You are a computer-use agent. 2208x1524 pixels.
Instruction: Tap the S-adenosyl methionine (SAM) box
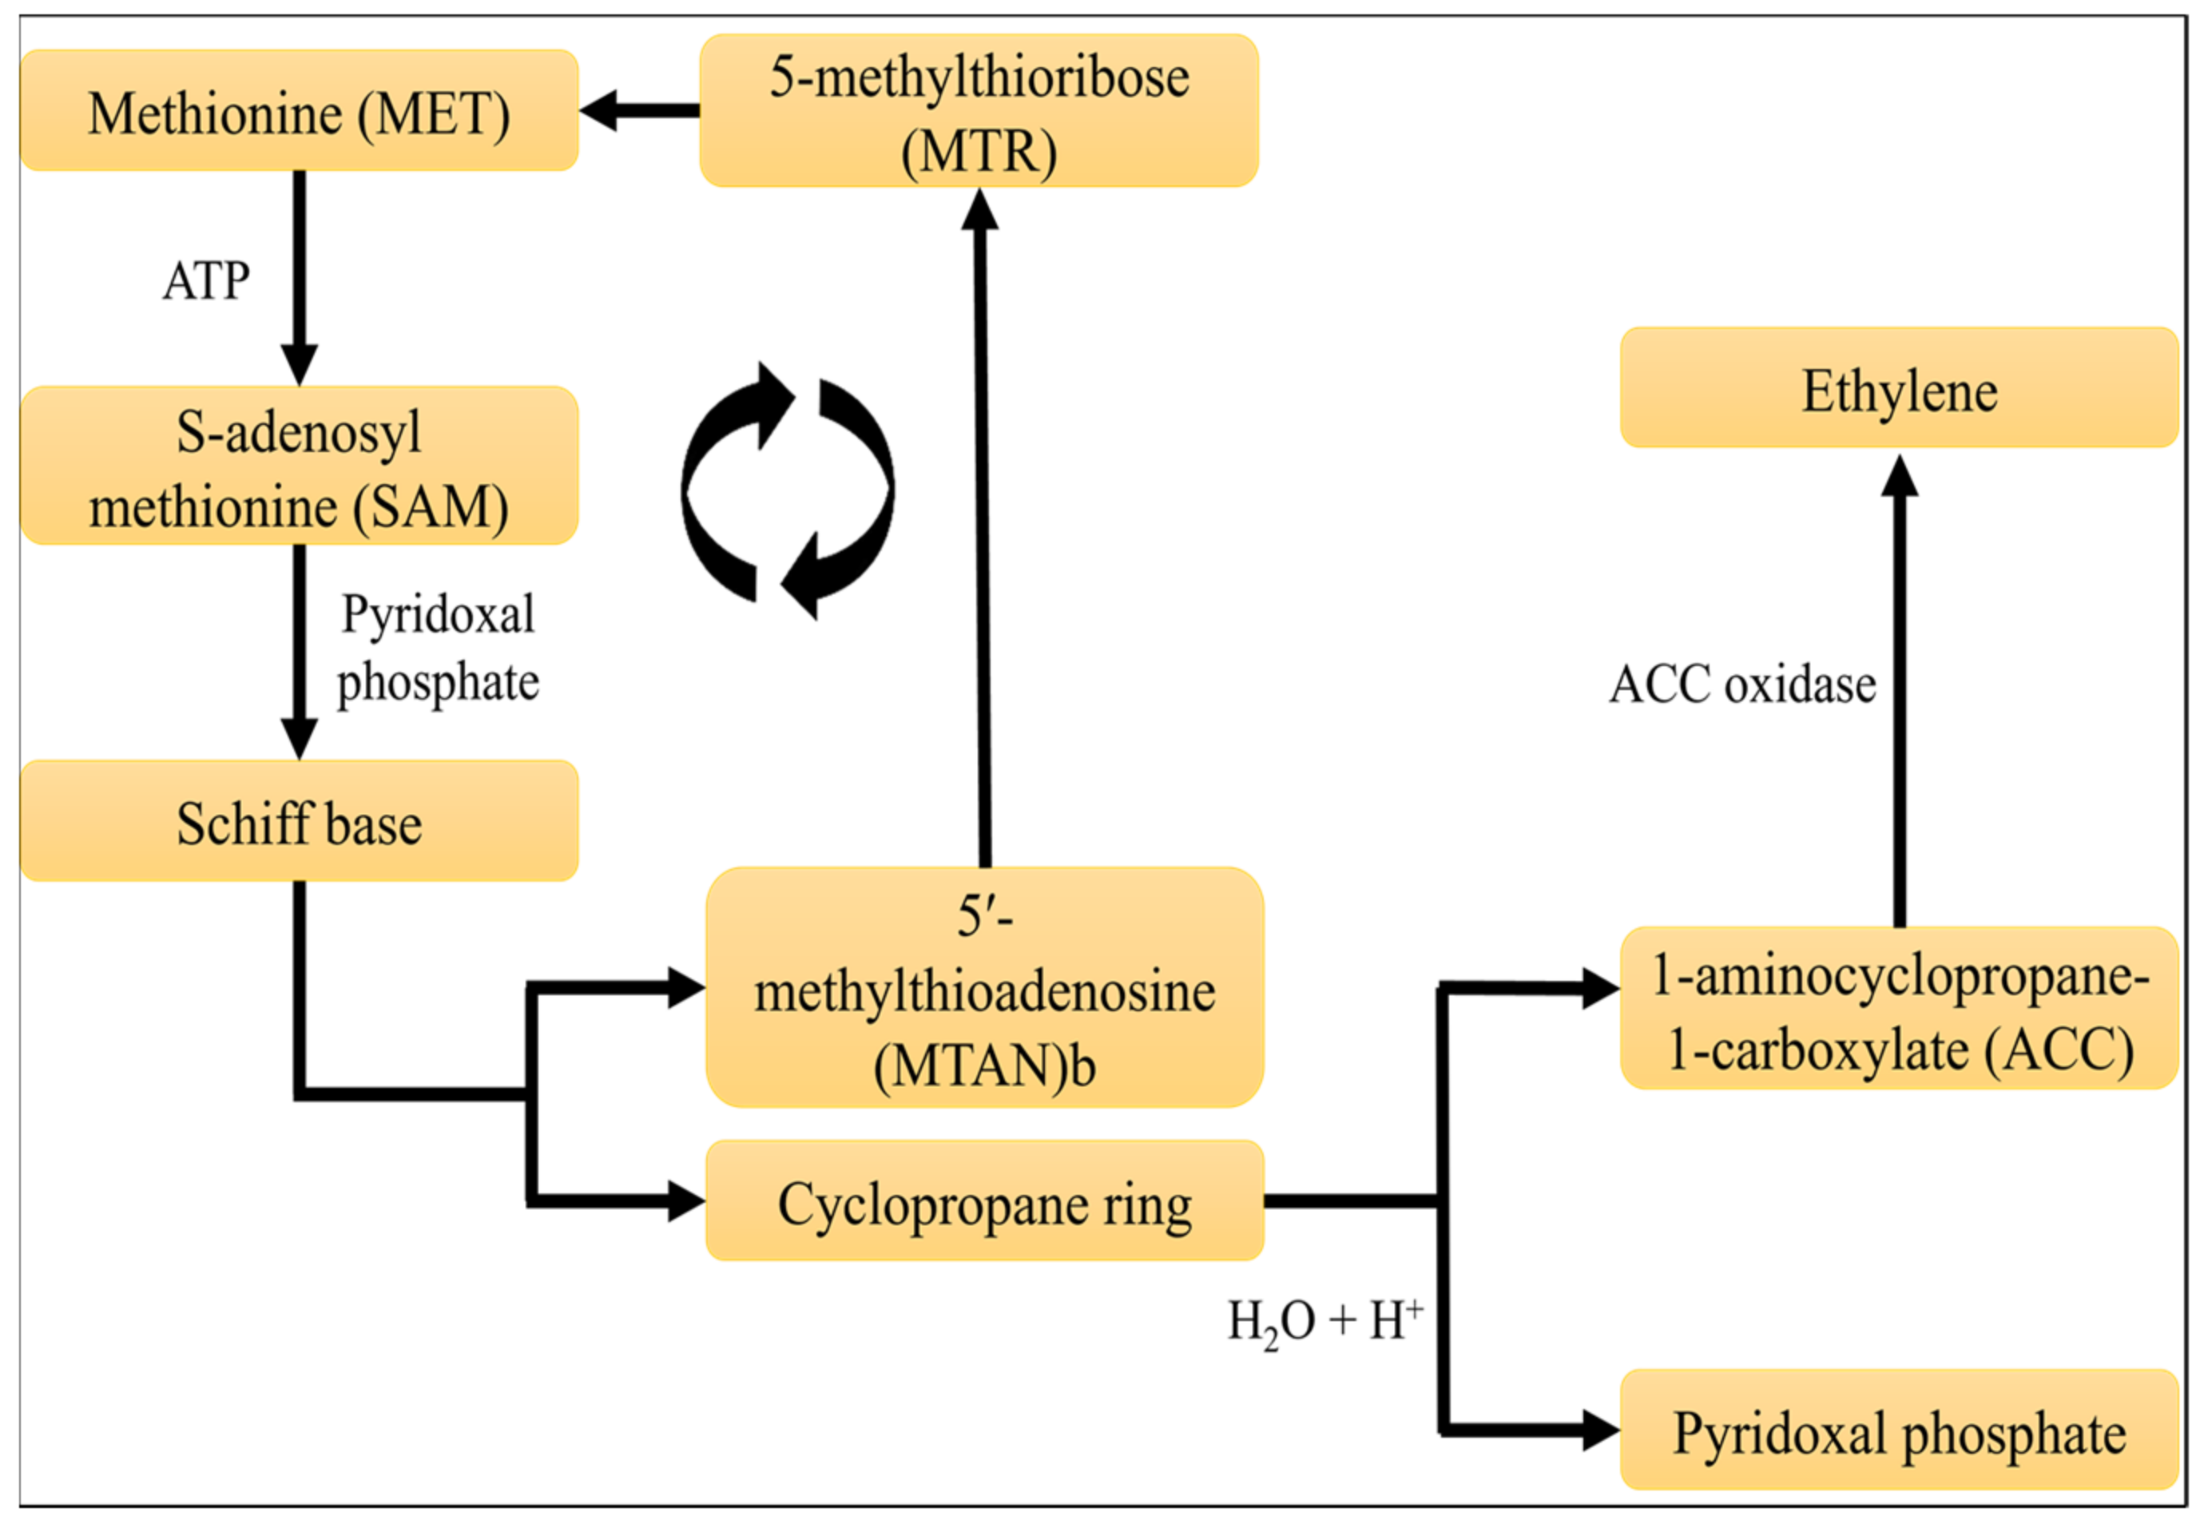pyautogui.click(x=299, y=466)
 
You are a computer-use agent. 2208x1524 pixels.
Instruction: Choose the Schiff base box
pyautogui.click(x=299, y=821)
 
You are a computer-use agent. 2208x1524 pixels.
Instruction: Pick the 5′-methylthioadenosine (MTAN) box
pyautogui.click(x=985, y=987)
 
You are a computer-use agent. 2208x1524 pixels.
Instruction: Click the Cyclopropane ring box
pyautogui.click(x=985, y=1201)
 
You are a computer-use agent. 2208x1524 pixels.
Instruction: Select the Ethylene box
pyautogui.click(x=1900, y=387)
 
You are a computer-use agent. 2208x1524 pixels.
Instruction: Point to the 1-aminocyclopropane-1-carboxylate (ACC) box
pyautogui.click(x=1900, y=1007)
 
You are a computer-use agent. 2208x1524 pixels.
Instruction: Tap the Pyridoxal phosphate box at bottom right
pyautogui.click(x=1900, y=1430)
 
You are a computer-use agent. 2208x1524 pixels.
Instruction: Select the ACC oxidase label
pyautogui.click(x=1743, y=685)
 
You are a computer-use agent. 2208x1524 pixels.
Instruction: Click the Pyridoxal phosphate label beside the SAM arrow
pyautogui.click(x=439, y=649)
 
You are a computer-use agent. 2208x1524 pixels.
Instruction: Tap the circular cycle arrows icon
pyautogui.click(x=788, y=490)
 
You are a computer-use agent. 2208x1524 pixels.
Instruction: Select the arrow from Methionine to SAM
pyautogui.click(x=299, y=279)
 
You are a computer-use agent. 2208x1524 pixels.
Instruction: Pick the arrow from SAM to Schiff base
pyautogui.click(x=299, y=653)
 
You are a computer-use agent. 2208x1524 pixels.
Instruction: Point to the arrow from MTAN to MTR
pyautogui.click(x=982, y=527)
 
